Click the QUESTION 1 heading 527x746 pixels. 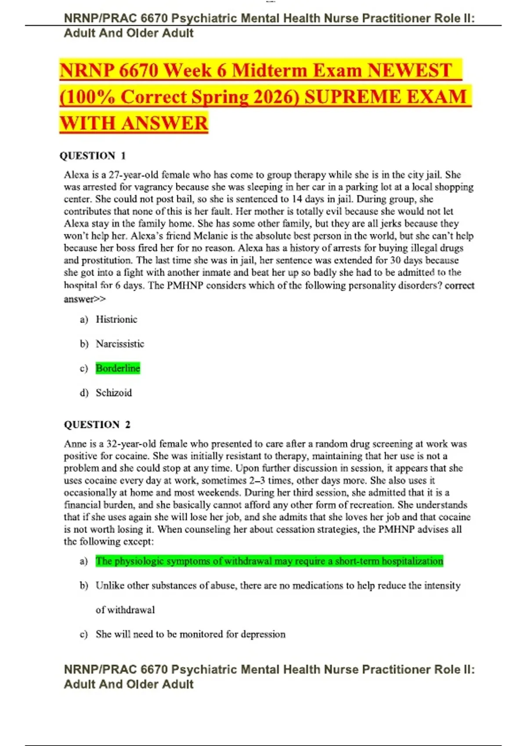(93, 156)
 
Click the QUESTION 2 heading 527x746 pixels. (97, 425)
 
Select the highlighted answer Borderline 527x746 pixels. (118, 368)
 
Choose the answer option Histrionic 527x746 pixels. (116, 319)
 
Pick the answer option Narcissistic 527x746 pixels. (120, 344)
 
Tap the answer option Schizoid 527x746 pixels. (114, 393)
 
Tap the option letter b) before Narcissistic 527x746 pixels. (84, 344)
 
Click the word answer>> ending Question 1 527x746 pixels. (85, 299)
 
